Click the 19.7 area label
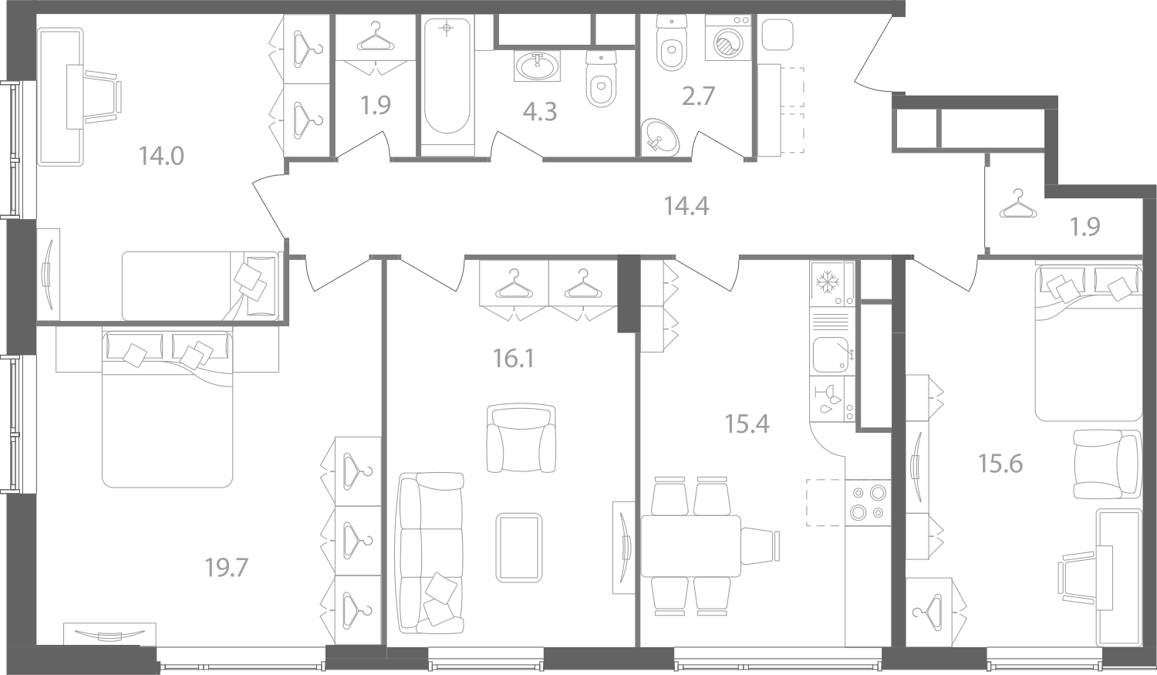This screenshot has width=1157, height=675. (227, 568)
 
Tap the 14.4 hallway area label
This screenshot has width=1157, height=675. (686, 207)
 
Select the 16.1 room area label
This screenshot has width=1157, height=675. (514, 359)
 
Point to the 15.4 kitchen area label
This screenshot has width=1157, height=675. (747, 424)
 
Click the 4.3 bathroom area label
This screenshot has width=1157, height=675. (540, 112)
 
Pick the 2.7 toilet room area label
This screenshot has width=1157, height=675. (698, 96)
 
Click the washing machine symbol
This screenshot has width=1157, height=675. (728, 38)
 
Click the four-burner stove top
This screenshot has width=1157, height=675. (869, 502)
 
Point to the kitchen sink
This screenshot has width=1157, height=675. (831, 354)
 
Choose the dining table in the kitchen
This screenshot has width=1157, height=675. (690, 546)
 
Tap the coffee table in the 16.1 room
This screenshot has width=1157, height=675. (519, 547)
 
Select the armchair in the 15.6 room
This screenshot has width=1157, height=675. (1107, 464)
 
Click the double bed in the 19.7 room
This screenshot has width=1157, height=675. (167, 409)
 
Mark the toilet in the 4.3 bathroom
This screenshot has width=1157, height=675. (602, 79)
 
